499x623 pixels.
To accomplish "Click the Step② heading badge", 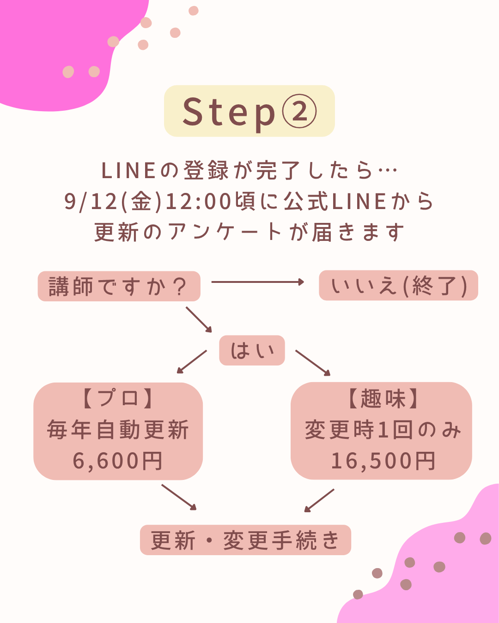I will pyautogui.click(x=249, y=111).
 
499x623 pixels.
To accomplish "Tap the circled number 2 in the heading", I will pyautogui.click(x=299, y=112).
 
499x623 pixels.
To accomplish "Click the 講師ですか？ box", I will pyautogui.click(x=119, y=287).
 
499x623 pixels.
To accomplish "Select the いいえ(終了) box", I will pyautogui.click(x=398, y=286).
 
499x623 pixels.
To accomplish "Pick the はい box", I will pyautogui.click(x=252, y=351).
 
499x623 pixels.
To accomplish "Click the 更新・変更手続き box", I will pyautogui.click(x=245, y=540).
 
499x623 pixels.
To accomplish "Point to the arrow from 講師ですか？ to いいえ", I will pyautogui.click(x=257, y=282).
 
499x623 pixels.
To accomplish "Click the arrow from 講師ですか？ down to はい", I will pyautogui.click(x=199, y=319).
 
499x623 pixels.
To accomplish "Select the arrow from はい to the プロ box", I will pyautogui.click(x=192, y=361).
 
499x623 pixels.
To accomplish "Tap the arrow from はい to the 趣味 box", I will pyautogui.click(x=313, y=363).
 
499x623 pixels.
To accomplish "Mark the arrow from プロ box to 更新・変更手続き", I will pyautogui.click(x=179, y=497).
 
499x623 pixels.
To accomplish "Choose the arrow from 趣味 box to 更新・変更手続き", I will pyautogui.click(x=319, y=500).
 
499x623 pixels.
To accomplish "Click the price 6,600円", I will pyautogui.click(x=118, y=461).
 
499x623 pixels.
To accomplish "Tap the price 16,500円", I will pyautogui.click(x=383, y=461).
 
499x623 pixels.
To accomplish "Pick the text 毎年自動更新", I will pyautogui.click(x=118, y=430).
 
